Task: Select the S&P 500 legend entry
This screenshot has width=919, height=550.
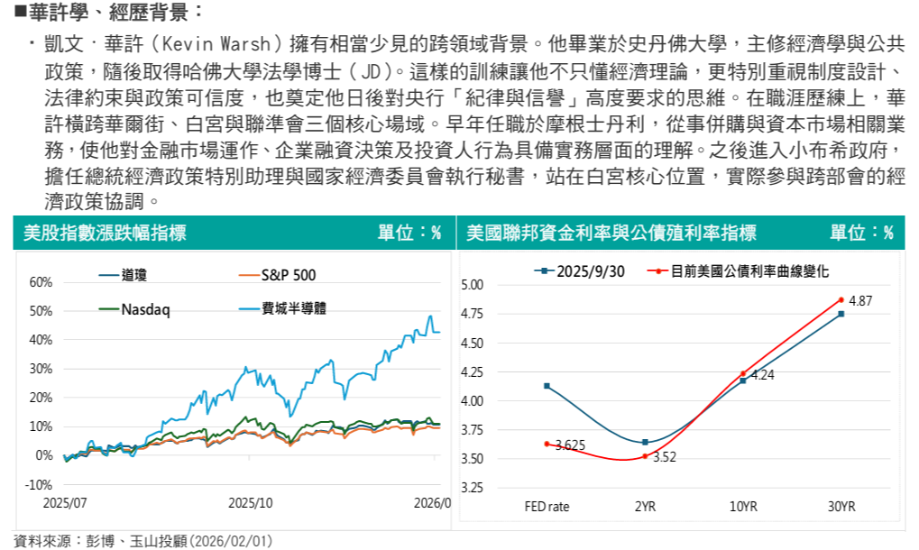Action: [289, 275]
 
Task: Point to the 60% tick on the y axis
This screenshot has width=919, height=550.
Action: [41, 282]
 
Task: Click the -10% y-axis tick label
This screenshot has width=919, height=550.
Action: [40, 484]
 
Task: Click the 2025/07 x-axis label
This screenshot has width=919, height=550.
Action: [62, 503]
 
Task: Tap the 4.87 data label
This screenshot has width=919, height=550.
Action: [861, 300]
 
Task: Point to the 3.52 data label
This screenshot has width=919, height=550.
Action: [665, 457]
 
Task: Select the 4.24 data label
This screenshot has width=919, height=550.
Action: [763, 374]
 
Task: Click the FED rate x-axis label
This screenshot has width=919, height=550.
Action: [547, 507]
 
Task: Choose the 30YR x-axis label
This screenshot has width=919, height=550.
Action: [841, 507]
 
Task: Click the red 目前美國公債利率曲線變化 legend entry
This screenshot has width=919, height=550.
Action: [749, 270]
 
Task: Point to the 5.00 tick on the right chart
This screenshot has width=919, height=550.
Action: [473, 286]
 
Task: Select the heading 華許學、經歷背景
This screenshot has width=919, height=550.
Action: [104, 14]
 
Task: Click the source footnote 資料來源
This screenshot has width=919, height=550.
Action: [136, 541]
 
